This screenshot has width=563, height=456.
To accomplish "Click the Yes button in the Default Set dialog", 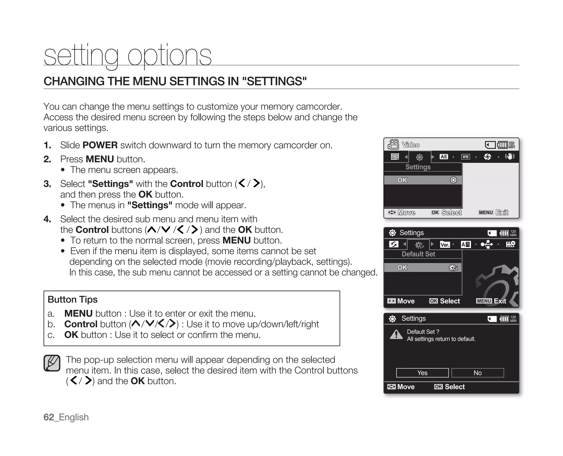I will (422, 373).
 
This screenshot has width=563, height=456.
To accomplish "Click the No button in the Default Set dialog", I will (478, 373).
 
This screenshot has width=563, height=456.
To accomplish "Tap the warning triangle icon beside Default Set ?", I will (396, 334).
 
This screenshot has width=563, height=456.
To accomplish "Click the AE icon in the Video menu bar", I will (444, 157).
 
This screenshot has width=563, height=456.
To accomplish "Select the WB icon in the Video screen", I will (465, 157).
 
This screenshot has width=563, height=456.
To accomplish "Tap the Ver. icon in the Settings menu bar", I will (445, 245).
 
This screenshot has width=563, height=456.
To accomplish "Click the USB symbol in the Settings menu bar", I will (487, 244).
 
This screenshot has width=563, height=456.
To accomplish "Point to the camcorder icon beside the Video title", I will (393, 144).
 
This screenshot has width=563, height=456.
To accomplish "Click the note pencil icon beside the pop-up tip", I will (52, 363).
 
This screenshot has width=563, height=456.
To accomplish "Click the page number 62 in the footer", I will (49, 417).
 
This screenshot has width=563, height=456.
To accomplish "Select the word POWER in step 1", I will (100, 145).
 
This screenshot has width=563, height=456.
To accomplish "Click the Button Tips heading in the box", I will (73, 299).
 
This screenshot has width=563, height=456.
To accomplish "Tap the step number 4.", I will (47, 219).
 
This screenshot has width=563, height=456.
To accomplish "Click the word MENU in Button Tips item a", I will (78, 314).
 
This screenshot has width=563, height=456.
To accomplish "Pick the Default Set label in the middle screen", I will (418, 254).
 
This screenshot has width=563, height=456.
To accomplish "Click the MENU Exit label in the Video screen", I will (493, 213).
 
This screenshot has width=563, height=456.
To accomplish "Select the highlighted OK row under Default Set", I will (423, 268).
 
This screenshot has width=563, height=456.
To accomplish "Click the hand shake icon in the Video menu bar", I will (510, 157).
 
